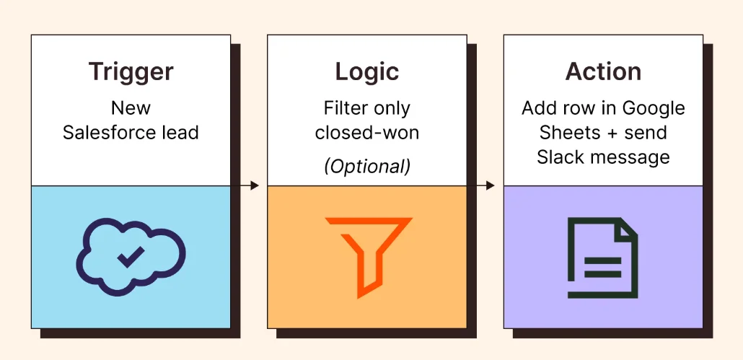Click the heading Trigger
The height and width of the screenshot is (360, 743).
(x=131, y=72)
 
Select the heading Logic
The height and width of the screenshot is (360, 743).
(x=366, y=72)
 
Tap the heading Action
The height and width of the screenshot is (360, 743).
(x=603, y=72)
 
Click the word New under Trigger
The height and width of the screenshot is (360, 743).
(x=131, y=108)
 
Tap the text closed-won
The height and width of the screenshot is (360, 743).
(x=366, y=133)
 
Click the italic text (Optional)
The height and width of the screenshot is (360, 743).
(x=366, y=166)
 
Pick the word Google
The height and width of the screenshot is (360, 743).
(x=653, y=108)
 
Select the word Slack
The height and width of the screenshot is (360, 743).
(x=560, y=157)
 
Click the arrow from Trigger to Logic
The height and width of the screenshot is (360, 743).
(x=249, y=185)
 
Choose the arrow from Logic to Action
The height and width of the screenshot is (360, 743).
(x=485, y=185)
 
